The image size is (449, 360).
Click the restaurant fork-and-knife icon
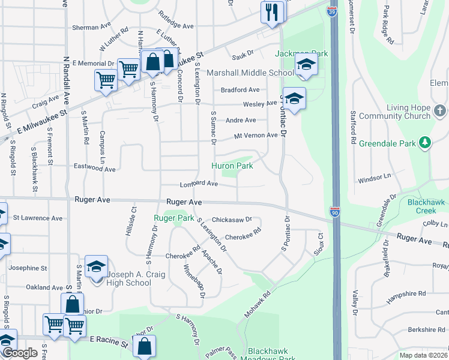tap(272, 11)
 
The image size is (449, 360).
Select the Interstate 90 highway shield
tap(335, 212)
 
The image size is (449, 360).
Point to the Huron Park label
tap(232, 166)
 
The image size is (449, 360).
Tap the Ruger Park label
tap(173, 218)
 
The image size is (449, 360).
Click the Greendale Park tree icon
tap(425, 143)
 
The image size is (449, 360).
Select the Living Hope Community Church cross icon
tap(440, 111)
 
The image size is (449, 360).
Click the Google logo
tap(19, 353)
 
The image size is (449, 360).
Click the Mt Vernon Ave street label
tap(256, 136)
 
